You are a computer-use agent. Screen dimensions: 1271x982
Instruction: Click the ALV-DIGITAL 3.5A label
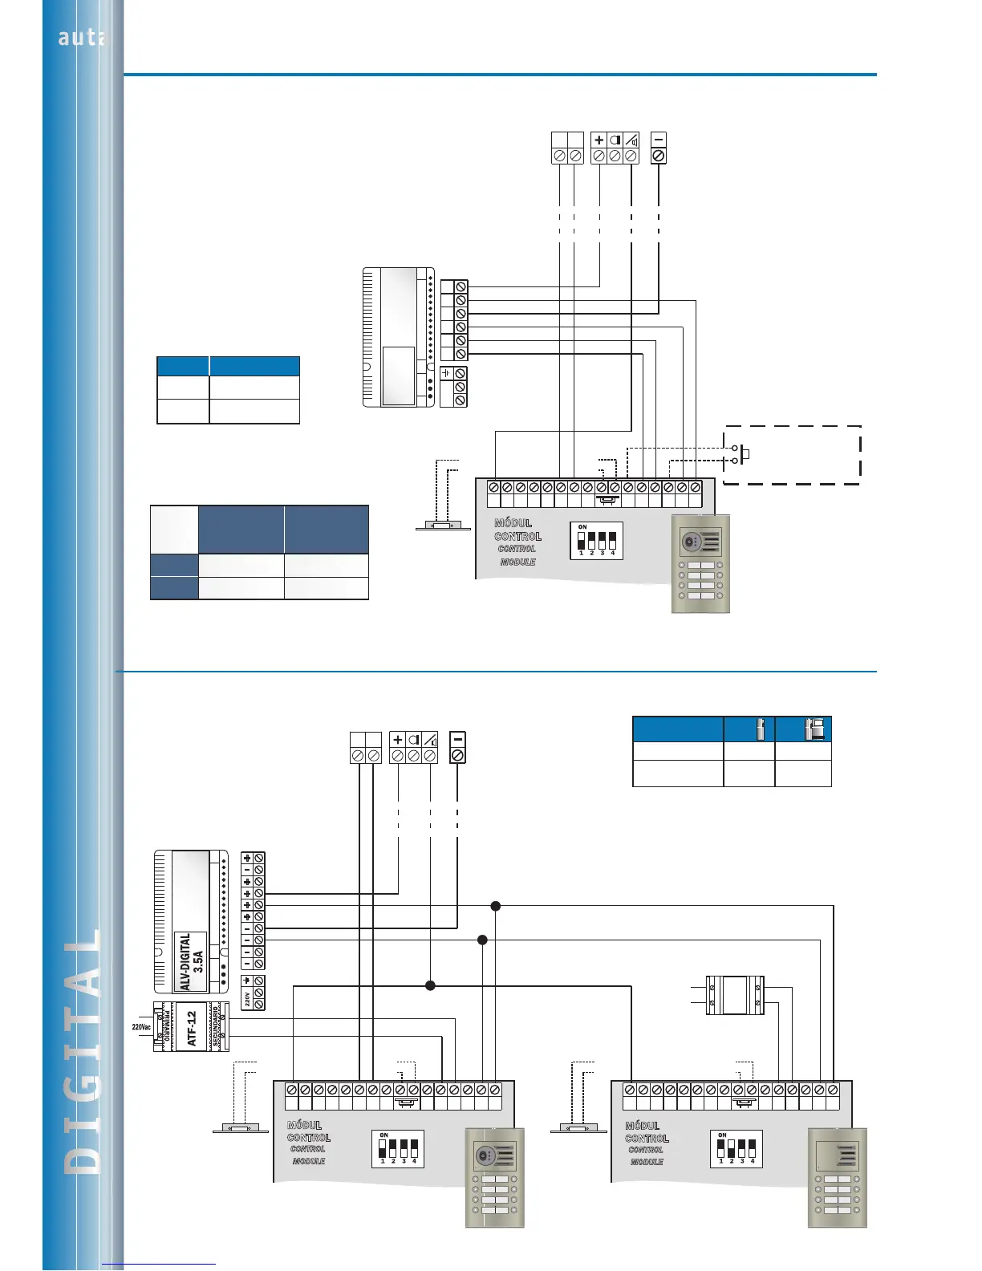pyautogui.click(x=191, y=961)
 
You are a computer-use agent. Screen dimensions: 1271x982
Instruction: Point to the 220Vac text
pyautogui.click(x=141, y=1027)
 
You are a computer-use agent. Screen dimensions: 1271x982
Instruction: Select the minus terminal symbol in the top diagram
pyautogui.click(x=659, y=140)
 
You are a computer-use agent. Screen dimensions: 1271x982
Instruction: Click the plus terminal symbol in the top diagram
pyautogui.click(x=599, y=140)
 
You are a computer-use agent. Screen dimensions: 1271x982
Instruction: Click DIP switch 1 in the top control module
pyautogui.click(x=582, y=540)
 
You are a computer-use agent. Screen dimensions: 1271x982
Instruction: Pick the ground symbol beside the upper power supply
pyautogui.click(x=447, y=374)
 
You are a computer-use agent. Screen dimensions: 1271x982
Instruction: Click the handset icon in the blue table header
pyautogui.click(x=760, y=729)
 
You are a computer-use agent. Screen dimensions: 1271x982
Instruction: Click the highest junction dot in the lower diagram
pyautogui.click(x=496, y=906)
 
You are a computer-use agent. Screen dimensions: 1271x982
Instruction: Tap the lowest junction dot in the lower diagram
pyautogui.click(x=430, y=985)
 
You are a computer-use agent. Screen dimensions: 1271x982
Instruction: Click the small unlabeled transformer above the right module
pyautogui.click(x=734, y=995)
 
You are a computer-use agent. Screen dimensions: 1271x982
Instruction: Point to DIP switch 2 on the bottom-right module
pyautogui.click(x=731, y=1148)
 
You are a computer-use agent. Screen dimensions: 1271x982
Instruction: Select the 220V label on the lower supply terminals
pyautogui.click(x=247, y=999)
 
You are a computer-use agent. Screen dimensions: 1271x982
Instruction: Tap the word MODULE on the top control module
pyautogui.click(x=517, y=562)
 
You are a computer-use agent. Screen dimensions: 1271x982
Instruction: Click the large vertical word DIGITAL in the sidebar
pyautogui.click(x=83, y=1051)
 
